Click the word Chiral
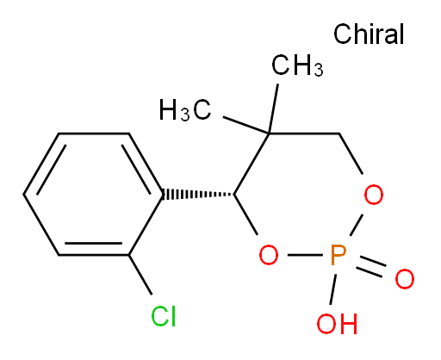point(369,34)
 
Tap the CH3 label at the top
point(297,65)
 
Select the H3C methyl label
point(185,109)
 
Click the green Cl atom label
point(164,316)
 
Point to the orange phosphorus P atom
point(339,255)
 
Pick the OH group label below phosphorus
point(337,324)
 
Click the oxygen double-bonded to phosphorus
point(405,279)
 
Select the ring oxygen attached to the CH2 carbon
point(374,195)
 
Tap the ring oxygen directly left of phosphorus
point(269,255)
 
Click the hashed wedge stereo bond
point(198,195)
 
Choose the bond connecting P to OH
point(333,289)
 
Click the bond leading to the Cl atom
point(140,275)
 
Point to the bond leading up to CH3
point(273,109)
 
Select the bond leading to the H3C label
point(246,125)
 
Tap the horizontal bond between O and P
point(305,255)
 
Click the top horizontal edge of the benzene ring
point(94,133)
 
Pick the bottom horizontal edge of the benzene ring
point(94,255)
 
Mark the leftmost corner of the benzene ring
point(23,195)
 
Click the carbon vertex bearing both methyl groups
point(269,133)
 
